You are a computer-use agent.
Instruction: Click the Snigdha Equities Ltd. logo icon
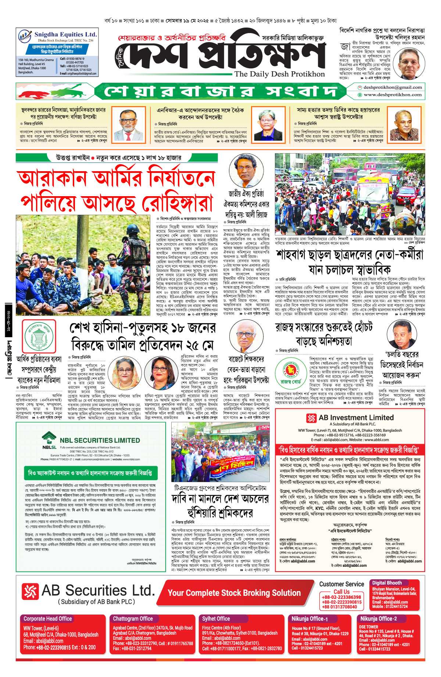point(25,36)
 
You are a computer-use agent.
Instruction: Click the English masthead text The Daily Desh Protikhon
point(279,74)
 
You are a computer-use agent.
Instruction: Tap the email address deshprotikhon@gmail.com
point(392,87)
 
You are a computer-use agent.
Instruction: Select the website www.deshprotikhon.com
point(392,95)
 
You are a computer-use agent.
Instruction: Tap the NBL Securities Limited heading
point(99,440)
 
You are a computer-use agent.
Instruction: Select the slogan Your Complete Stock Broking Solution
point(234,593)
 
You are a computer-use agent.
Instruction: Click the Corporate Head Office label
point(48,619)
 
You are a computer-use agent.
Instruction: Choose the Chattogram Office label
point(133,619)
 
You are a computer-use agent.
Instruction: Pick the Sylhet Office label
point(216,619)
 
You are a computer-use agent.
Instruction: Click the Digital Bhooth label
point(387,583)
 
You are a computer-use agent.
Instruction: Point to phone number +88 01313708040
point(339,607)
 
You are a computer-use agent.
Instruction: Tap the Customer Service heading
point(341,584)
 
